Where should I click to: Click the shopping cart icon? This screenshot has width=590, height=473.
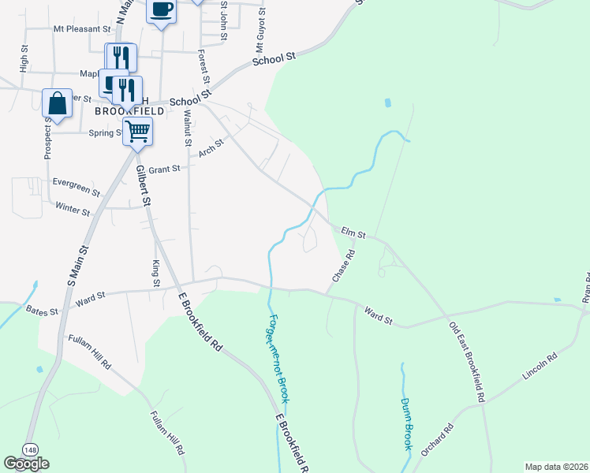click(x=137, y=132)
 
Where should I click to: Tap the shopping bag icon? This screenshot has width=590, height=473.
click(x=58, y=102)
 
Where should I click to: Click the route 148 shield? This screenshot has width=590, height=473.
click(x=29, y=449)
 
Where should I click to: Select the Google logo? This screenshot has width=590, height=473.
click(x=26, y=464)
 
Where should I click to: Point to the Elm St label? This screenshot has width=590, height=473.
click(x=354, y=233)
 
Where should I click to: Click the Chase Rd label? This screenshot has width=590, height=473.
click(x=344, y=266)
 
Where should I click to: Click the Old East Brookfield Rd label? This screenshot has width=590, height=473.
click(x=467, y=363)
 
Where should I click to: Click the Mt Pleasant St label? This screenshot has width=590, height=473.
click(x=82, y=28)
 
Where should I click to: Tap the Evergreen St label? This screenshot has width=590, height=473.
click(x=76, y=187)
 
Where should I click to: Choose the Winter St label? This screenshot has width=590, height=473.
click(x=74, y=208)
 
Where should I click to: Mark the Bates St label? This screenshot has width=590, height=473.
click(x=43, y=311)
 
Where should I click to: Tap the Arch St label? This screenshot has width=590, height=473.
click(x=211, y=147)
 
